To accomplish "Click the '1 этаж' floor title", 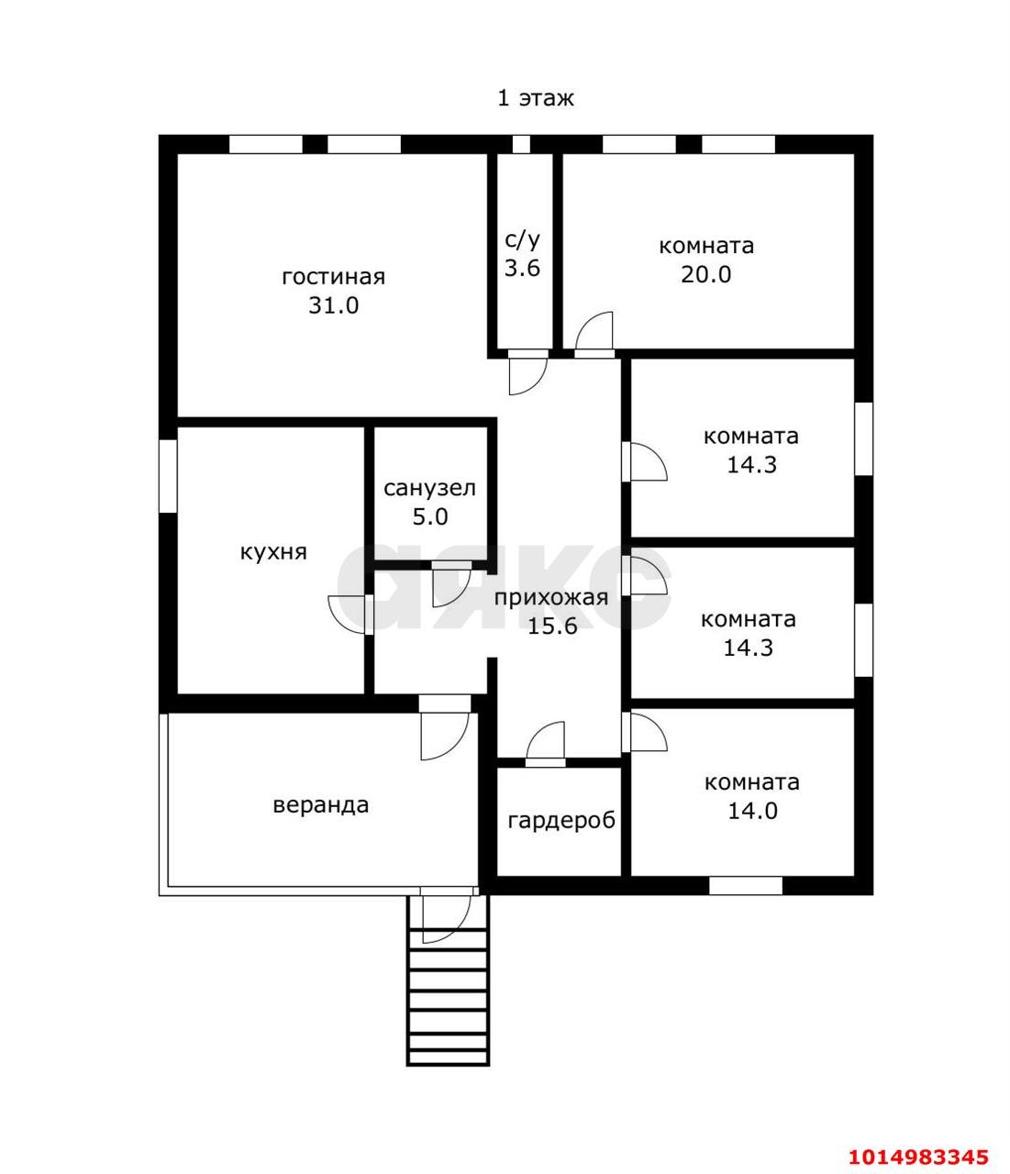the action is pos(536,98).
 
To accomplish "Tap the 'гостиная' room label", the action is pos(333,277).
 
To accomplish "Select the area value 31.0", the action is pos(333,305).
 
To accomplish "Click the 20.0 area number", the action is pos(706,274).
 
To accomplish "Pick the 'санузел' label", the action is pos(429,488).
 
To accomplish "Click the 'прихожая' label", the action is pos(551,597).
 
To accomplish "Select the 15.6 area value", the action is pos(552,626).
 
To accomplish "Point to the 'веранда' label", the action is pos(321,804).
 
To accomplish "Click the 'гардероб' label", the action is pos(561,820).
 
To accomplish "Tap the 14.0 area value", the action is pos(752,811).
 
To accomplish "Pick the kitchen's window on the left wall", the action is pos(168,476).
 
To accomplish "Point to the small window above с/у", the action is pos(521,144).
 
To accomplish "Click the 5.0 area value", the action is pos(430,517).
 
